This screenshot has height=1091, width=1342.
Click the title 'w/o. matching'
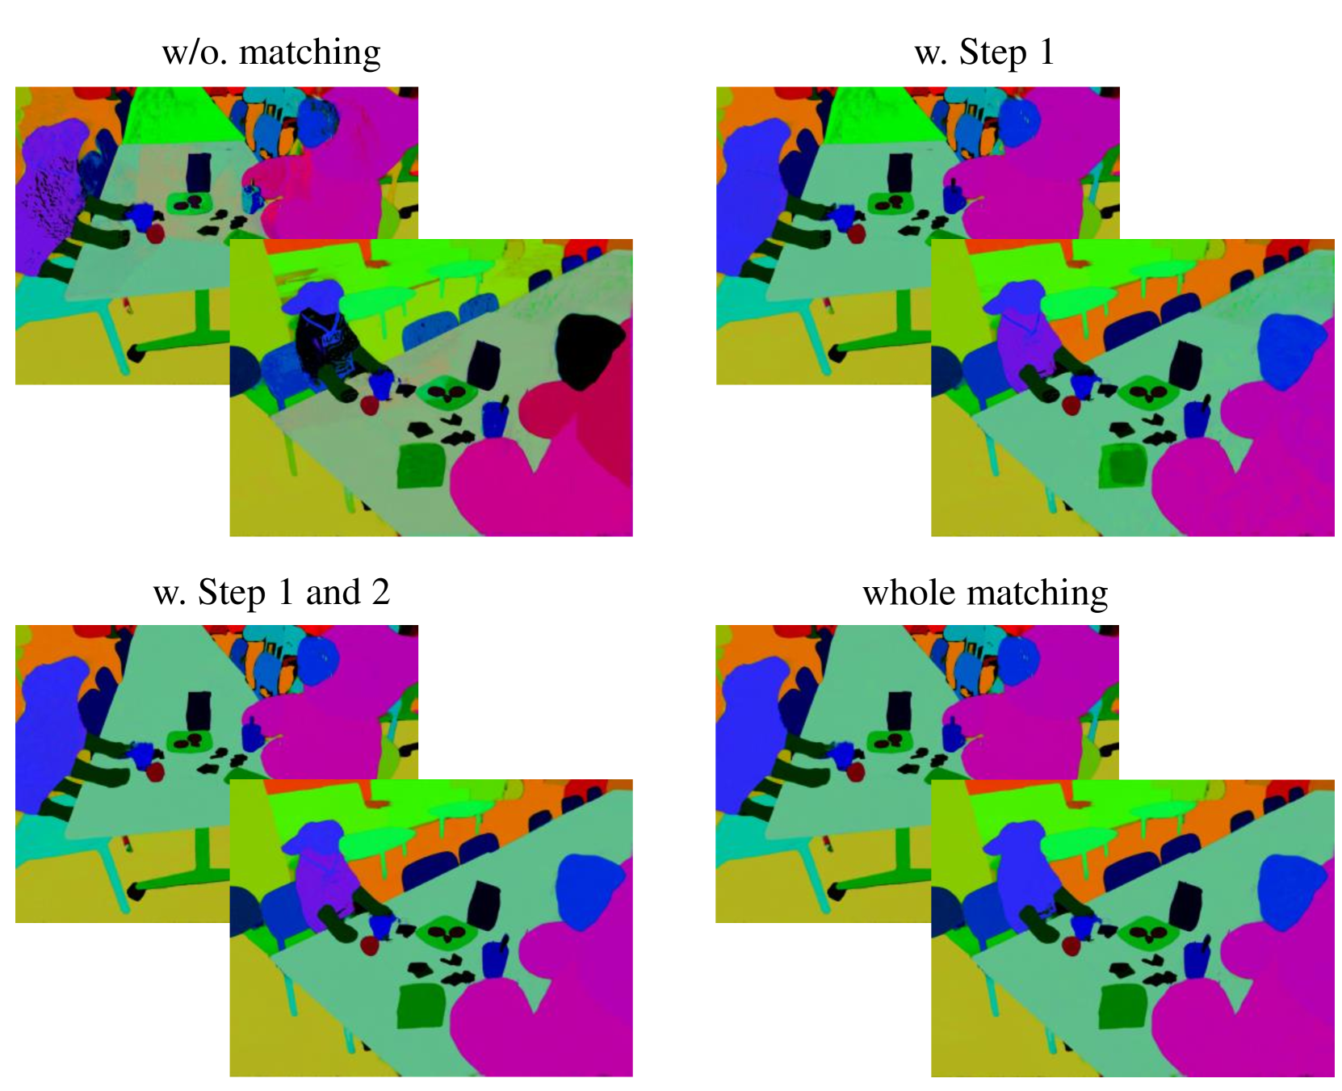click(271, 52)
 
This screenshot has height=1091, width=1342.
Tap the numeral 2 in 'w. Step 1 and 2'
click(380, 592)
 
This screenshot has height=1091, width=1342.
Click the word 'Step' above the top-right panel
click(992, 52)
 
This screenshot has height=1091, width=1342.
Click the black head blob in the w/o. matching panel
click(592, 349)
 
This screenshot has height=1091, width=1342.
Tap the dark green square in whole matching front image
click(1123, 1006)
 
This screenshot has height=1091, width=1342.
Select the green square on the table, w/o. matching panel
click(421, 466)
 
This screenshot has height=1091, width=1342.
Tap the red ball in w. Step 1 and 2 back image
click(155, 772)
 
